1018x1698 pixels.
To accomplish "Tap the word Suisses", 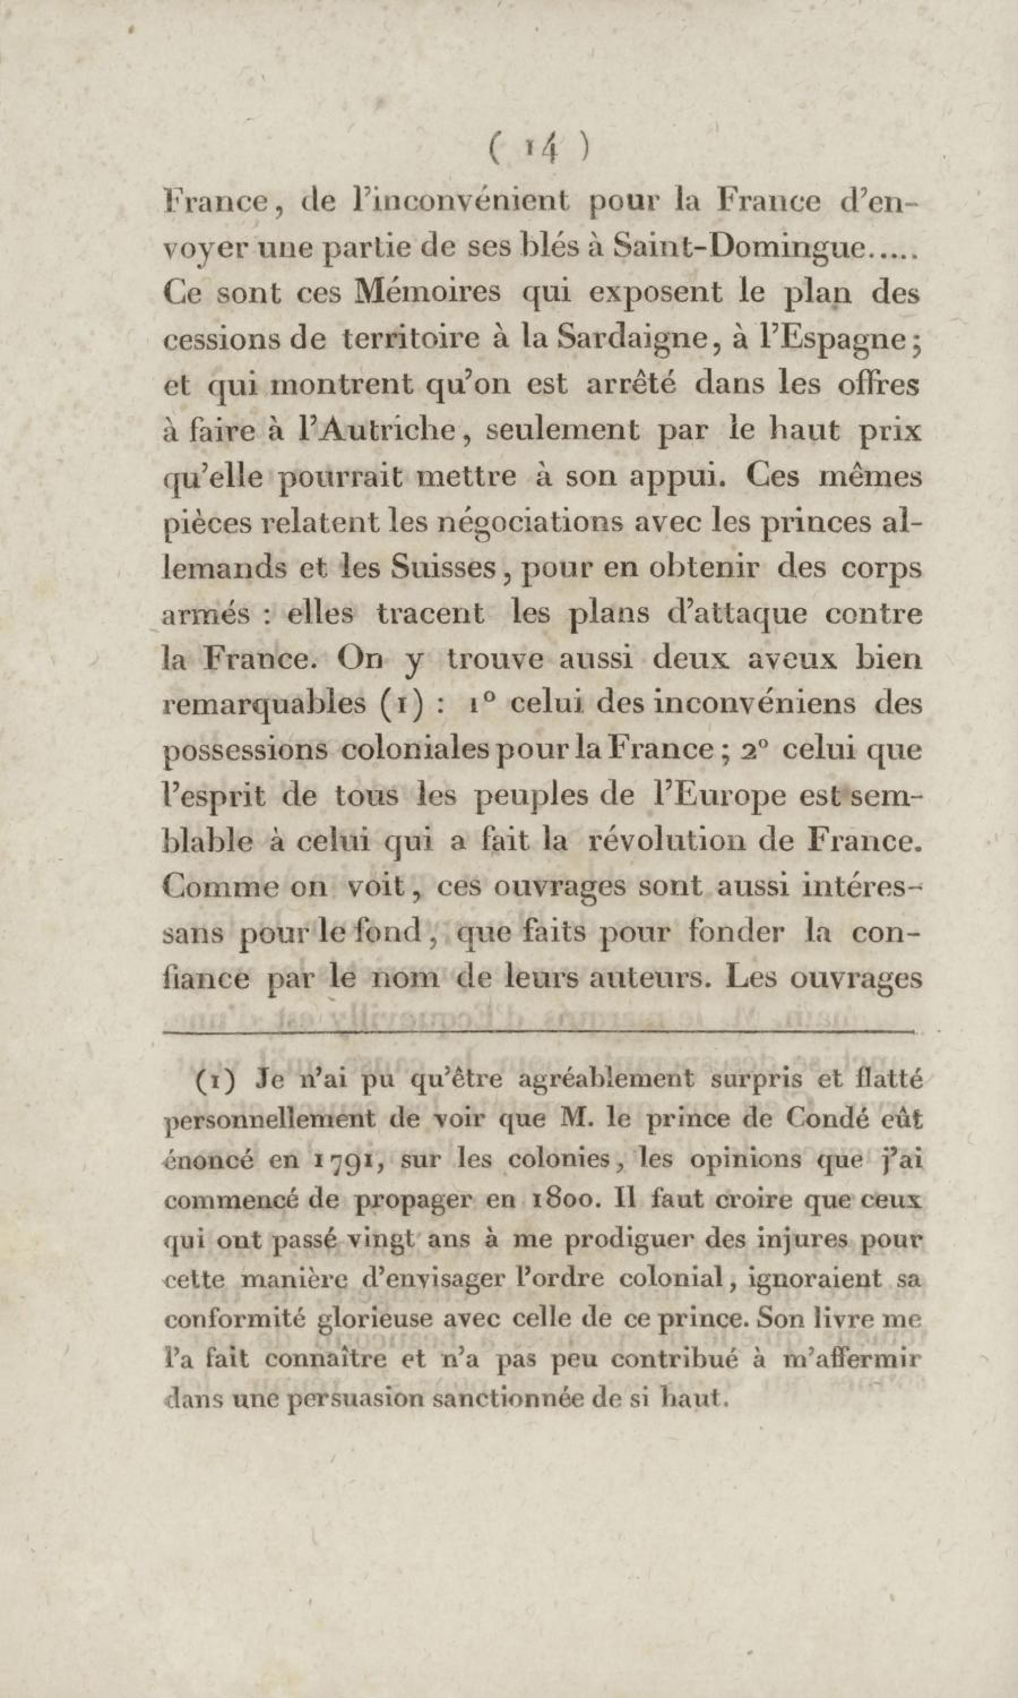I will click(x=442, y=568).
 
